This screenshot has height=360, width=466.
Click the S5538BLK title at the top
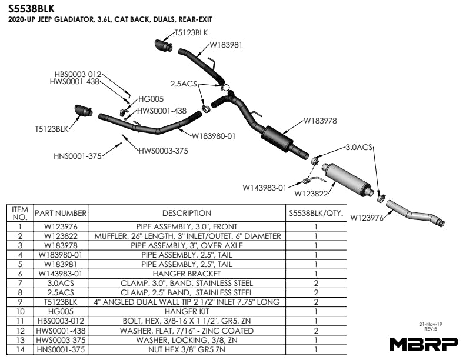point(32,9)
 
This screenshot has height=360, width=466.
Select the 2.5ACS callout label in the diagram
point(184,84)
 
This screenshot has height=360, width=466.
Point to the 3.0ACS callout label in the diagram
point(359,147)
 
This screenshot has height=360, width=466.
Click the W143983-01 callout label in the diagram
point(265,188)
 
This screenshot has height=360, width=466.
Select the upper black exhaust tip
point(163,45)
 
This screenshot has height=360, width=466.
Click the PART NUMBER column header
point(61,213)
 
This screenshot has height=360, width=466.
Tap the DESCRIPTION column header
point(187,213)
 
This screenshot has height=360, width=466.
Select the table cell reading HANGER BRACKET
point(187,274)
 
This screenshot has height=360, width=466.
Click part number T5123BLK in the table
point(61,302)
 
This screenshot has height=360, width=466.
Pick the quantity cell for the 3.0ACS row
point(316,283)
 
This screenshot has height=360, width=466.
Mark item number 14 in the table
point(20,349)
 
